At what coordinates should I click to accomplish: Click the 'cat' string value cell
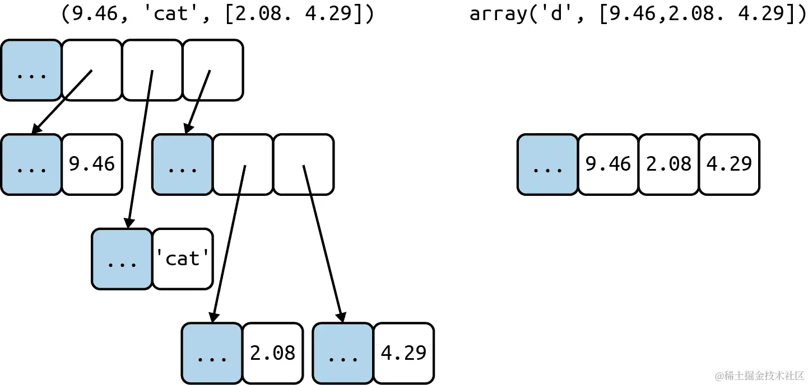click(183, 259)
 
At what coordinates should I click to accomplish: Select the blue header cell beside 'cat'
click(122, 259)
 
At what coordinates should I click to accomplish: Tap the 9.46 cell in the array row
click(608, 164)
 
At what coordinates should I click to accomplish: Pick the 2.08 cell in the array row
click(668, 164)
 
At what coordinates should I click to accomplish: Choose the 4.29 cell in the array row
click(729, 164)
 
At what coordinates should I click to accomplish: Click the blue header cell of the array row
click(547, 164)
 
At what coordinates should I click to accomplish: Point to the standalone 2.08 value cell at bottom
click(273, 353)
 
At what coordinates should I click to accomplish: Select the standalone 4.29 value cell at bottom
click(403, 353)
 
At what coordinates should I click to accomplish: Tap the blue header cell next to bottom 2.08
click(212, 353)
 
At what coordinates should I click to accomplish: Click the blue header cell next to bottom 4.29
click(343, 353)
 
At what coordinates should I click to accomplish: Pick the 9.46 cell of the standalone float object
click(91, 164)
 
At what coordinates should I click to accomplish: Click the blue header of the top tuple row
click(31, 70)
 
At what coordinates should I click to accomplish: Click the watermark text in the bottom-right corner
click(759, 375)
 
